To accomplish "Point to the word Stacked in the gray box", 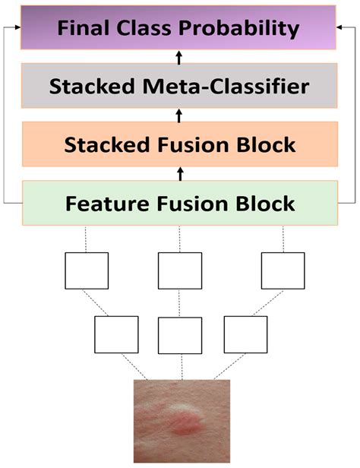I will tap(93, 86).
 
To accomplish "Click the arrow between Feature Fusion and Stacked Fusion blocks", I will tap(180, 174).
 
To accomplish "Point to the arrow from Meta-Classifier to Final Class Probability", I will tap(180, 57).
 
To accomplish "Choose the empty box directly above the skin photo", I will tap(180, 335).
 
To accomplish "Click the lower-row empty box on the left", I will tap(116, 335).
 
